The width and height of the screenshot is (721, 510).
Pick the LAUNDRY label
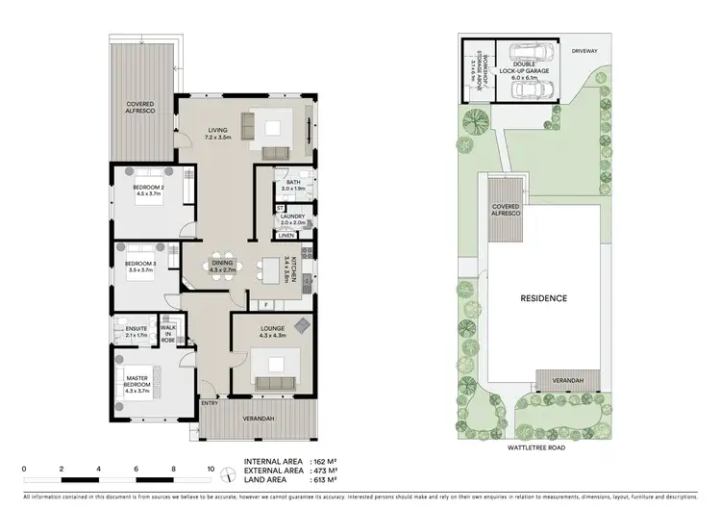click(292, 218)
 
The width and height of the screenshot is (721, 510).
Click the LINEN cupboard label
click(286, 236)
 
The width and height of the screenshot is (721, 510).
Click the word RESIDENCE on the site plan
click(543, 298)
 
